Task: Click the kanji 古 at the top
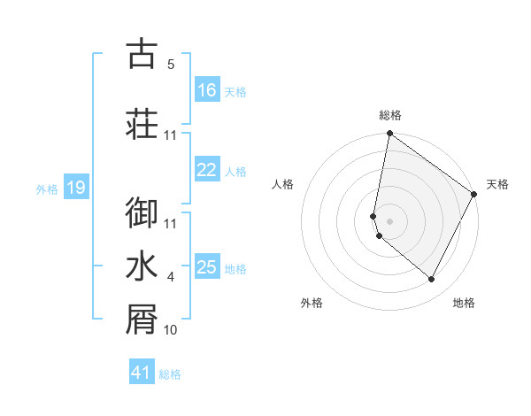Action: click(142, 54)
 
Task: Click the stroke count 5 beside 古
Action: click(171, 65)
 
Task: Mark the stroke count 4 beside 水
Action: click(171, 277)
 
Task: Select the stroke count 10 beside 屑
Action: click(171, 330)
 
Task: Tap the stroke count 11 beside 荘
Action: click(171, 135)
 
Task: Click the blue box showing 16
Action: click(207, 90)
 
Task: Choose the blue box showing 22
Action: click(207, 171)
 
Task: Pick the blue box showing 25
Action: click(207, 267)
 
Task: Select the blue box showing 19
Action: click(76, 188)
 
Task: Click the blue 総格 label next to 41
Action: click(170, 374)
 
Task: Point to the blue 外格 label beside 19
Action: click(47, 189)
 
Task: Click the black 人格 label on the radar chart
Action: click(282, 184)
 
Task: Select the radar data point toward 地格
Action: click(432, 280)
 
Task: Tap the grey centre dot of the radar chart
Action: click(390, 220)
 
